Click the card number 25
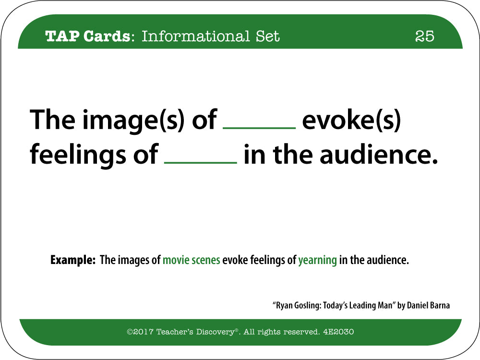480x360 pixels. click(x=425, y=36)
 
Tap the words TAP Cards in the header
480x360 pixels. click(x=87, y=36)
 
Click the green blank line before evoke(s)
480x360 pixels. click(x=259, y=128)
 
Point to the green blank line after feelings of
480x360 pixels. click(x=201, y=162)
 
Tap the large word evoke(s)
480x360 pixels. click(x=351, y=120)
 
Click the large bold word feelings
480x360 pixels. click(x=78, y=155)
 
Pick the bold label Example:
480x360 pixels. click(x=73, y=260)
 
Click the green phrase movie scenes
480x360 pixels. click(x=192, y=260)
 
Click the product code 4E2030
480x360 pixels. click(x=338, y=332)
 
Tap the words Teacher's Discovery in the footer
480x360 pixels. click(x=195, y=332)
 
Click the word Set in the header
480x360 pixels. click(x=268, y=36)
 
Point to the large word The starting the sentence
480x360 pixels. click(x=52, y=120)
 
